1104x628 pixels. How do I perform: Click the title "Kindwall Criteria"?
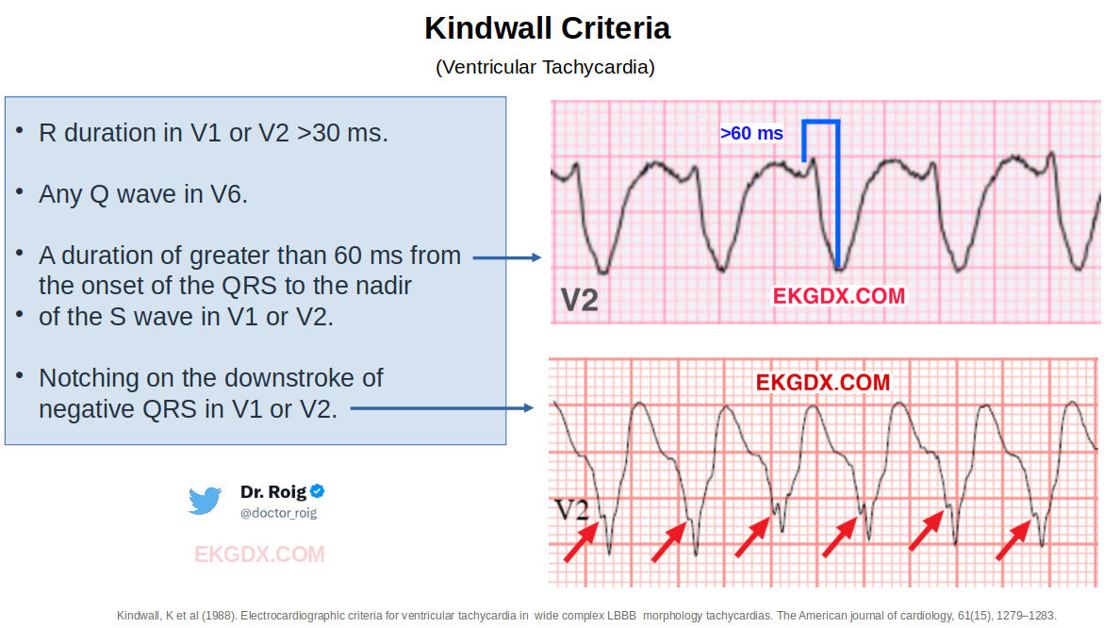pos(547,29)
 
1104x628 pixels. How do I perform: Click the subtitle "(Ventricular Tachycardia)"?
pos(546,67)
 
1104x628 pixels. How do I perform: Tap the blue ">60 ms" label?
pos(751,133)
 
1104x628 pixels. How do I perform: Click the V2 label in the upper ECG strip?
pos(580,300)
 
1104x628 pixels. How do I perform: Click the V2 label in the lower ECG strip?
pos(571,510)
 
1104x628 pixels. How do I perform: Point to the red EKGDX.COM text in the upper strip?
pos(838,296)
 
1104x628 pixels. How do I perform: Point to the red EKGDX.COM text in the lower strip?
pos(822,382)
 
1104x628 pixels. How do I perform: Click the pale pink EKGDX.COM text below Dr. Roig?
pos(260,554)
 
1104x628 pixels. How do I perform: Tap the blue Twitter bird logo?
pos(205,501)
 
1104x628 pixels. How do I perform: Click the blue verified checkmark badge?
pos(318,490)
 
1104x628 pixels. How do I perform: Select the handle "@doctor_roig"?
pos(279,513)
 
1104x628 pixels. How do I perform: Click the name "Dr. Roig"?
pos(273,491)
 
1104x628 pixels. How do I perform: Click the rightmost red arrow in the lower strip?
pos(1013,539)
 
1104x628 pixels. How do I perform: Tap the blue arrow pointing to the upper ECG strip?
pos(507,257)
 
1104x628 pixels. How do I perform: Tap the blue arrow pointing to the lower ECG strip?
pos(442,407)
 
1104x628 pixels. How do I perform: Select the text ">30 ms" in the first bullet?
pos(342,133)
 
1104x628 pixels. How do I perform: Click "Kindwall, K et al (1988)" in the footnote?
pos(176,616)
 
